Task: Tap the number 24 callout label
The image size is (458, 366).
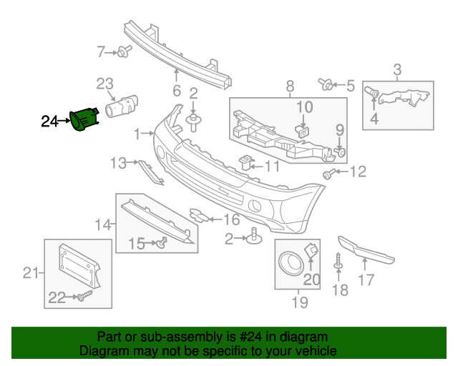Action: click(50, 122)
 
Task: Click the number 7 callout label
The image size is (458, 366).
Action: click(102, 51)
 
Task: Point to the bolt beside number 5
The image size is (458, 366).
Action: click(328, 86)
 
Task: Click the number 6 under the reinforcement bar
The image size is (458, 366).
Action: click(176, 90)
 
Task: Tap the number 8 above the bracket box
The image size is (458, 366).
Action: click(290, 86)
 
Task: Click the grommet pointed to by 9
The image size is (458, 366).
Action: click(341, 152)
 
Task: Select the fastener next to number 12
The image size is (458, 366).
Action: click(329, 173)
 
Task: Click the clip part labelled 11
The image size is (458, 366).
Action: click(248, 162)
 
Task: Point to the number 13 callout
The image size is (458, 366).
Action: click(117, 164)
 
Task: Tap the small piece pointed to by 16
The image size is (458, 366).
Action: click(198, 215)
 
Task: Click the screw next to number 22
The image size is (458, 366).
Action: click(84, 294)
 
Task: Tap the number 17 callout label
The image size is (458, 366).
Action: click(366, 280)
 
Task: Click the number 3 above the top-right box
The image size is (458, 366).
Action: click(397, 69)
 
